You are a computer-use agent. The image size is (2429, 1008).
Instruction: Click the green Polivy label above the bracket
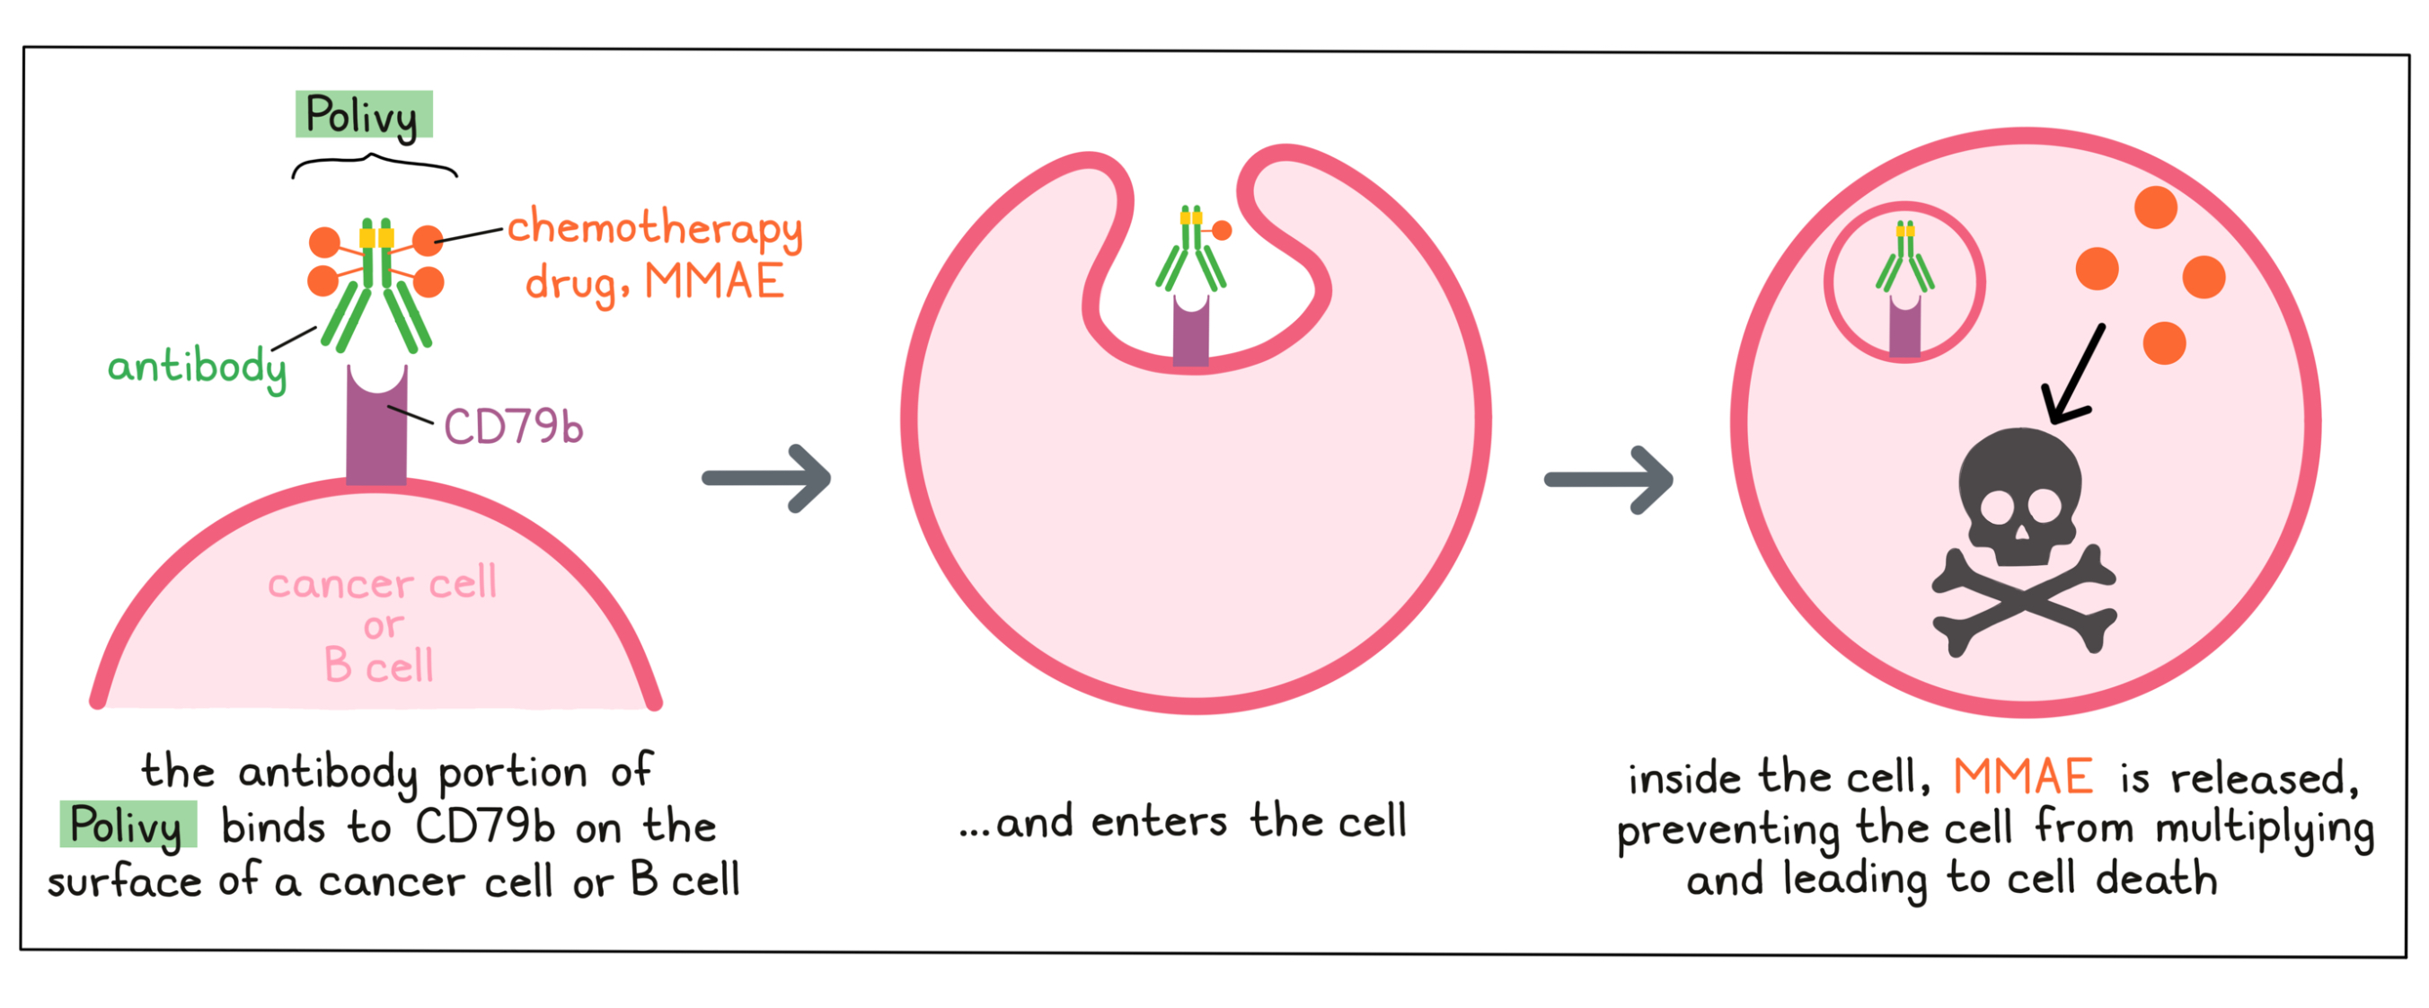[x=363, y=115]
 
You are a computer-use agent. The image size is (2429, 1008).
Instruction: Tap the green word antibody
[x=196, y=367]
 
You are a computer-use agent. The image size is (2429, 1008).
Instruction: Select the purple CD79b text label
[x=513, y=427]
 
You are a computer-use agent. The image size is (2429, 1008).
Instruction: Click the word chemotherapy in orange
[x=654, y=228]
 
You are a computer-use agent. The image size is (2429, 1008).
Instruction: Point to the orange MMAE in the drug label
[x=714, y=282]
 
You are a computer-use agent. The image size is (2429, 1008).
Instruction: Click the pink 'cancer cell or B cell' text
[x=381, y=624]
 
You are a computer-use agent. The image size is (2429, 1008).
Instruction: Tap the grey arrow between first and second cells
[x=766, y=478]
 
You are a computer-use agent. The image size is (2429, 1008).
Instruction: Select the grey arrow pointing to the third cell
[x=1609, y=479]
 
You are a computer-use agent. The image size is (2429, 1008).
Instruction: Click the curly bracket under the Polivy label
[x=375, y=166]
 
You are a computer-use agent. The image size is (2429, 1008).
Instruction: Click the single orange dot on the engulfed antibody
[x=1222, y=230]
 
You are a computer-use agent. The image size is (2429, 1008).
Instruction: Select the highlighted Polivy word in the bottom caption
[x=128, y=825]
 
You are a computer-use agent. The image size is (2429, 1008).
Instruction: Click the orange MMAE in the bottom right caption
[x=2023, y=777]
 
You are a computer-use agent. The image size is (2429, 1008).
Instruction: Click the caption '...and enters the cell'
[x=1182, y=822]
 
